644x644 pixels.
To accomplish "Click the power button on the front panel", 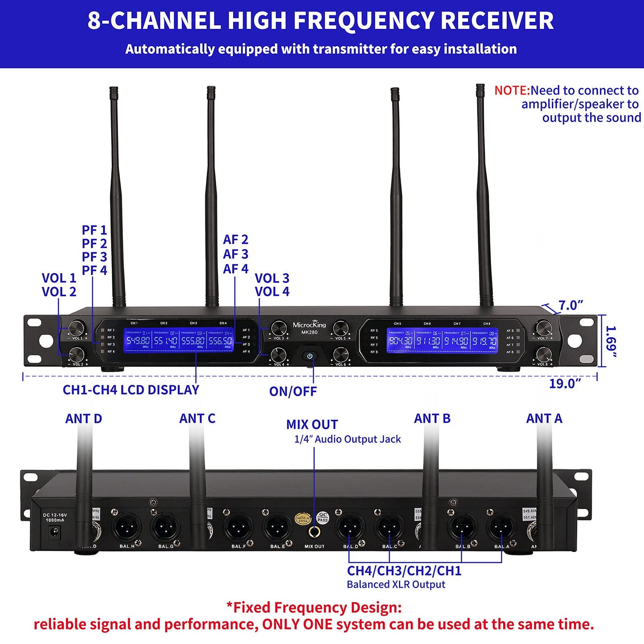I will pyautogui.click(x=310, y=356).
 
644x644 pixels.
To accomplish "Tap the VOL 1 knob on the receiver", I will pyautogui.click(x=76, y=328).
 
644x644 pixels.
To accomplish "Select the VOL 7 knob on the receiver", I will pyautogui.click(x=544, y=328).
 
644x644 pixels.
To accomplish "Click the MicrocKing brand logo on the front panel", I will pyautogui.click(x=309, y=325).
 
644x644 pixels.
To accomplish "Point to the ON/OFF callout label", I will pyautogui.click(x=293, y=391).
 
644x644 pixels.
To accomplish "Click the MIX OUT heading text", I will pyautogui.click(x=312, y=424).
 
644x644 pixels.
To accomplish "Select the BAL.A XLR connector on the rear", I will pyautogui.click(x=502, y=529).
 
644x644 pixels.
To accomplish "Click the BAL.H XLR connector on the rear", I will pyautogui.click(x=127, y=529).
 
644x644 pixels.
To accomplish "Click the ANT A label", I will pyautogui.click(x=544, y=418).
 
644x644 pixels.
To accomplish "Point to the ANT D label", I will pyautogui.click(x=84, y=418).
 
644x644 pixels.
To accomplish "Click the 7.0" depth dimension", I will pyautogui.click(x=571, y=305).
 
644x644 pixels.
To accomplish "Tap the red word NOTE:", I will pyautogui.click(x=512, y=90).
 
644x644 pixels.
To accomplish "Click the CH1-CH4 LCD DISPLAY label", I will pyautogui.click(x=131, y=390).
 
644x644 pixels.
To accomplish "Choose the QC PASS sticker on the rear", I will pyautogui.click(x=323, y=517).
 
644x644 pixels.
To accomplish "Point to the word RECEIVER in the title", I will pyautogui.click(x=497, y=21).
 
